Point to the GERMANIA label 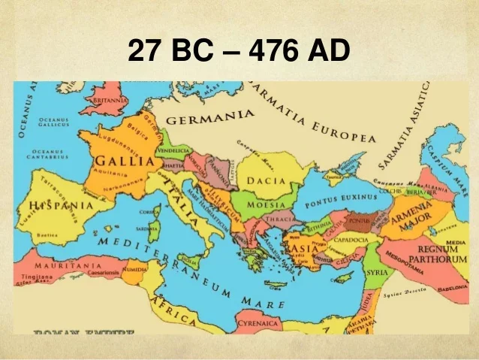pyautogui.click(x=209, y=119)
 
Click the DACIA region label pyautogui.click(x=269, y=180)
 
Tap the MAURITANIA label pyautogui.click(x=57, y=265)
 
